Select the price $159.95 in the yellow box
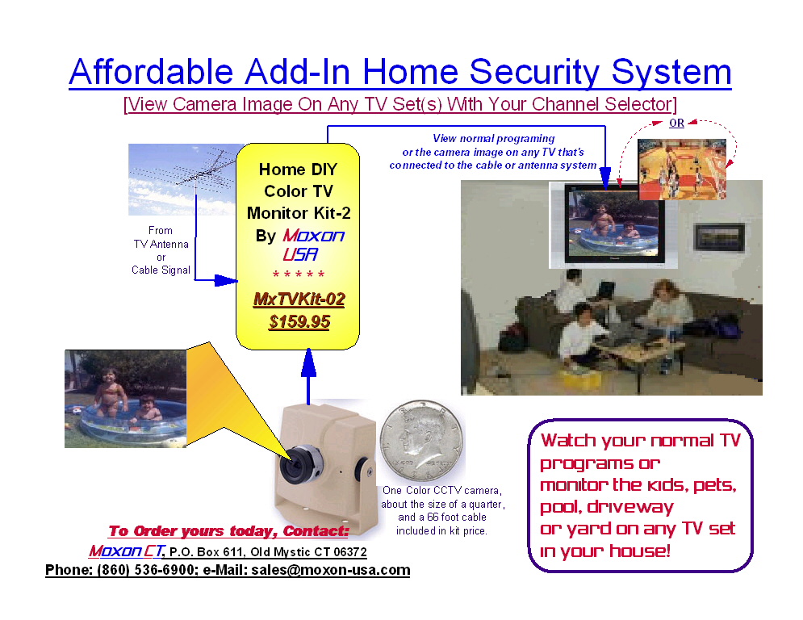click(299, 322)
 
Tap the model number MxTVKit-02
click(299, 300)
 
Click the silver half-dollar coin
click(422, 441)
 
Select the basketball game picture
click(682, 170)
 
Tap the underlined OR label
click(676, 123)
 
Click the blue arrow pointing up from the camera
click(308, 377)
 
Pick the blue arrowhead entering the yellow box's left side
click(226, 280)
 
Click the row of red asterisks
click(299, 274)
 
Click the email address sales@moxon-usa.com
click(330, 570)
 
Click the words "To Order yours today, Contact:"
click(228, 531)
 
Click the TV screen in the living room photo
click(614, 223)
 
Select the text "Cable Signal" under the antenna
click(161, 270)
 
